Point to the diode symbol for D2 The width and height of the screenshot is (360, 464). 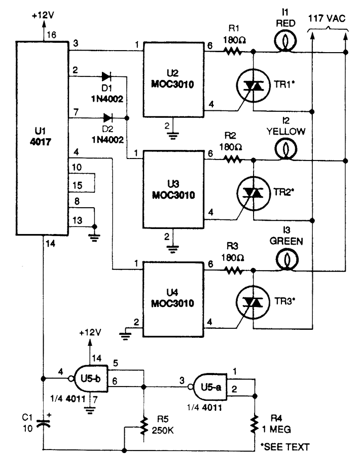point(107,118)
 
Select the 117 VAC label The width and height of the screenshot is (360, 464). point(328,20)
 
